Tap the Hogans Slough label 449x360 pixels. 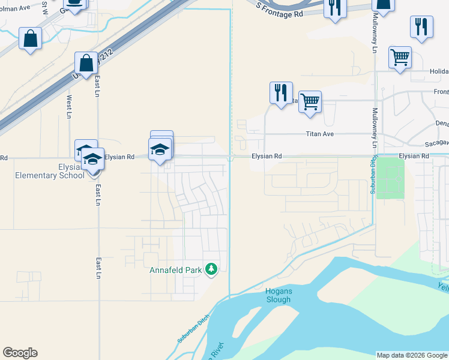[x=279, y=295]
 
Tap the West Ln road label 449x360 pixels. [x=70, y=106]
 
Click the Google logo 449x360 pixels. [x=20, y=353]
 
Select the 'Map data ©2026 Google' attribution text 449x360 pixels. [x=411, y=355]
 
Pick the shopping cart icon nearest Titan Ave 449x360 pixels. [x=310, y=101]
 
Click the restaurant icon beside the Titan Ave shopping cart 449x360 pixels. [x=280, y=92]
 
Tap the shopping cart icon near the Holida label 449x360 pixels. [x=400, y=57]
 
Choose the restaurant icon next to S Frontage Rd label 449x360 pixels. [x=334, y=7]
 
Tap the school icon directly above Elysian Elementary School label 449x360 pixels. [x=92, y=158]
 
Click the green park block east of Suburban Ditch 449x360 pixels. [x=390, y=178]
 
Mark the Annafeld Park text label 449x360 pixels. [x=175, y=270]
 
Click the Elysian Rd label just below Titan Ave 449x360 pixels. [x=266, y=156]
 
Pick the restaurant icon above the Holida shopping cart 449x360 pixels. [x=421, y=26]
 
